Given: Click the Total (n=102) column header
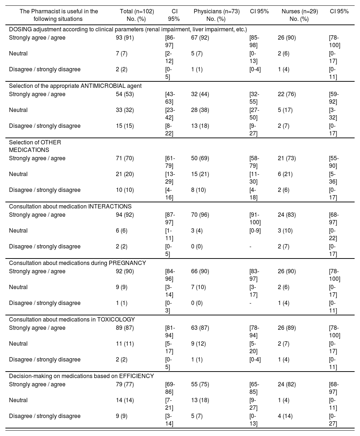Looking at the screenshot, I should pyautogui.click(x=137, y=15).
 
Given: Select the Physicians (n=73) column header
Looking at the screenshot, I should pyautogui.click(x=216, y=15).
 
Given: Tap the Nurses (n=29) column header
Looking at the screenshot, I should pyautogui.click(x=300, y=15).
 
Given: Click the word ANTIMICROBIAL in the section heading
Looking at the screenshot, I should pyautogui.click(x=105, y=86).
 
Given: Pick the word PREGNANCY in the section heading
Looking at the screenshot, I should pyautogui.click(x=127, y=263).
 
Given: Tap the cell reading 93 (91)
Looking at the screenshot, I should pyautogui.click(x=125, y=38).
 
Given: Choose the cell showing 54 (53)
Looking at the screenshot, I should pyautogui.click(x=125, y=94).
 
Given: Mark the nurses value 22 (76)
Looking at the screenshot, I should pyautogui.click(x=287, y=94).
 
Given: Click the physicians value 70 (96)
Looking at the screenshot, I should pyautogui.click(x=200, y=215).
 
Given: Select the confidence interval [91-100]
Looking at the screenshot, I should pyautogui.click(x=255, y=219).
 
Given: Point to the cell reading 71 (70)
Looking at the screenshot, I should pyautogui.click(x=125, y=158).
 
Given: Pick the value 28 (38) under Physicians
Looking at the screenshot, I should pyautogui.click(x=200, y=110).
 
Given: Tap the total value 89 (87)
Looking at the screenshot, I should pyautogui.click(x=125, y=328).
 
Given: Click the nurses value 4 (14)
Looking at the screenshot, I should pyautogui.click(x=285, y=416).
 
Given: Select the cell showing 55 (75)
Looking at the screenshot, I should pyautogui.click(x=200, y=385).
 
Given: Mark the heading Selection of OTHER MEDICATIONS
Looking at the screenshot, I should pyautogui.click(x=35, y=146).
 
